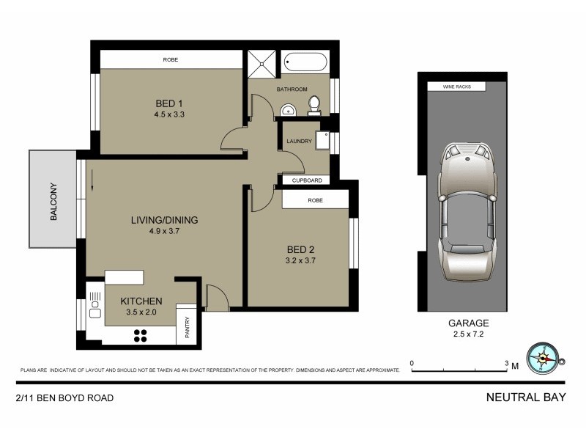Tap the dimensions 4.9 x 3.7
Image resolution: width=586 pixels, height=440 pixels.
coord(165,231)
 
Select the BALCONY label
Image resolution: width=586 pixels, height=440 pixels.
coord(53,201)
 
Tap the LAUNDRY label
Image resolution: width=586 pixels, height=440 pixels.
coord(300,141)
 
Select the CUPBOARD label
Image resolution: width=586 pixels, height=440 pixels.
coord(306,180)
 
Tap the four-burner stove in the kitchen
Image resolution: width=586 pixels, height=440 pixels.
coord(140,335)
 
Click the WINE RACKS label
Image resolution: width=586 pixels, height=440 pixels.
coord(456,87)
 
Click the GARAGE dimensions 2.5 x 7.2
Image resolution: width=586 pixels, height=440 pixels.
coord(469,334)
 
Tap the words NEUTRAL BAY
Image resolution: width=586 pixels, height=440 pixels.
coord(526,398)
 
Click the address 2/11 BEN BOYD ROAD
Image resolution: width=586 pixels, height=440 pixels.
coord(64,398)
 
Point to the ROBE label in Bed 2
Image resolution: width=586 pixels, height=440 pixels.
coord(316,199)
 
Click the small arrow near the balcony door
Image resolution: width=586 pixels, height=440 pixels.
coord(93,189)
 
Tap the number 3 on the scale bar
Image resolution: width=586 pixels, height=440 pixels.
coord(507,363)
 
